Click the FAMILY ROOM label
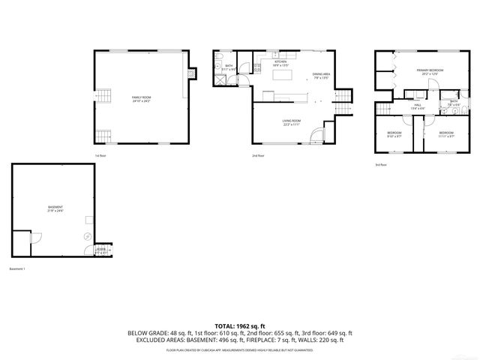[x=140, y=99]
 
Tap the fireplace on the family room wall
[x=193, y=73]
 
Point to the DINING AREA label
[x=321, y=76]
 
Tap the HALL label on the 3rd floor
[x=418, y=106]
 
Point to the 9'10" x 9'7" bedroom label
[x=394, y=133]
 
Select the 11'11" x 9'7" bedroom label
[x=445, y=133]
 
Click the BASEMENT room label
[x=55, y=208]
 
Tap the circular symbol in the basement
[x=86, y=235]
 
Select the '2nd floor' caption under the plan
[x=258, y=155]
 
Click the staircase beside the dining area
[x=343, y=100]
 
